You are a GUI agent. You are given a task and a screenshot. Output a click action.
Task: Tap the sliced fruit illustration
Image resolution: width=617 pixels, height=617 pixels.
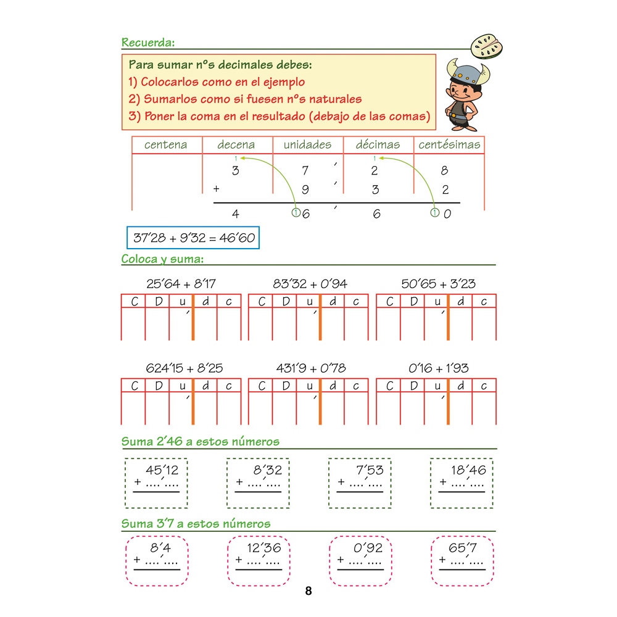487,46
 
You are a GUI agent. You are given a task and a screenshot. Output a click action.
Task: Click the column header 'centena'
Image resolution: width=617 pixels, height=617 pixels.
165,145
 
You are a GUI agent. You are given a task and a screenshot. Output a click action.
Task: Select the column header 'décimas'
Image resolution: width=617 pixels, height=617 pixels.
378,144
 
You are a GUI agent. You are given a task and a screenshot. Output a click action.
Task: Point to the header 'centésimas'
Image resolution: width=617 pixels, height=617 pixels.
449,144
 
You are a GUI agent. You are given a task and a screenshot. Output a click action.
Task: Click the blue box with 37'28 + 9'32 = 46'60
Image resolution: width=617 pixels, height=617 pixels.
193,238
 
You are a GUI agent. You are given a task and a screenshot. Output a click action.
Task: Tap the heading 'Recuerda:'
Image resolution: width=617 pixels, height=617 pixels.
148,43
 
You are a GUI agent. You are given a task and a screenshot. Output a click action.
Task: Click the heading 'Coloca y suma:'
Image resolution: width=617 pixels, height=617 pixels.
162,259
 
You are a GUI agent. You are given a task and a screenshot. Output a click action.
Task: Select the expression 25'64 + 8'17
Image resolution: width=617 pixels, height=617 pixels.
181,284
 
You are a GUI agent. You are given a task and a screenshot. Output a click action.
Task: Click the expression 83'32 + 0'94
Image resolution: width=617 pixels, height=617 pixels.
310,284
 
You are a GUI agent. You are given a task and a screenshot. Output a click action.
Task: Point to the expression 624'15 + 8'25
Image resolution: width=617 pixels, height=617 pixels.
184,368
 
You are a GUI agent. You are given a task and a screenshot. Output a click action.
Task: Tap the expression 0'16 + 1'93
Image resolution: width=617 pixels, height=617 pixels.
438,368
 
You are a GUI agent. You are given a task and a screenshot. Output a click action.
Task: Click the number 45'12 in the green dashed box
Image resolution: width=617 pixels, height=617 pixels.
162,470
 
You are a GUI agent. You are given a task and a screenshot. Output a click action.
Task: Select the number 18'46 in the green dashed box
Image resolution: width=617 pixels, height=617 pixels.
468,470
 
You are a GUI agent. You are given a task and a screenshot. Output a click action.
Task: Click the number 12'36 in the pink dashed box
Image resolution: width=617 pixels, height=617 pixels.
264,548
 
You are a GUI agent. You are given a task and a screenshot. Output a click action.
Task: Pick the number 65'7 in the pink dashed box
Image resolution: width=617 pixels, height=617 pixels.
463,548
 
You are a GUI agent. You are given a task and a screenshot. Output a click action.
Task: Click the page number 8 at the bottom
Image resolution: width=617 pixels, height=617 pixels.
308,590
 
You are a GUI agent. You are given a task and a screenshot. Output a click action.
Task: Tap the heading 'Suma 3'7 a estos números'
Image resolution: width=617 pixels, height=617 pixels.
196,524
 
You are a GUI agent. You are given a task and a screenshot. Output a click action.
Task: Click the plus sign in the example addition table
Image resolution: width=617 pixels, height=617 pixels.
216,189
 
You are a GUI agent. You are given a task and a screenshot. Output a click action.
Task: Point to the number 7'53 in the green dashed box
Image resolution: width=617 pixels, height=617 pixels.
370,470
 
